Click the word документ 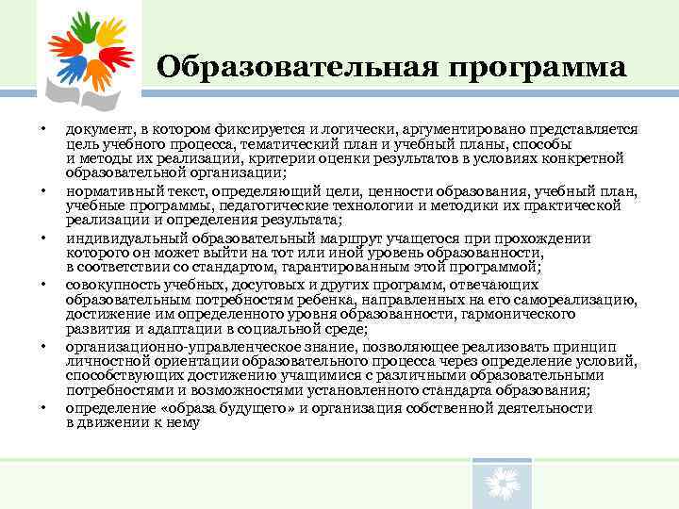click(x=97, y=129)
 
